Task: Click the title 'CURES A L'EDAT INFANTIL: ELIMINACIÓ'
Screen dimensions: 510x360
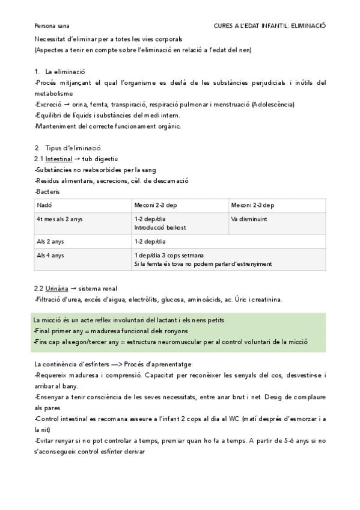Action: pyautogui.click(x=269, y=26)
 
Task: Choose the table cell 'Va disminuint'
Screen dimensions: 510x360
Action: pyautogui.click(x=249, y=219)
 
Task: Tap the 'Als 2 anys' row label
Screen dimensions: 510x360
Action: pyautogui.click(x=49, y=241)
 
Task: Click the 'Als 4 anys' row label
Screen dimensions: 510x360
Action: pyautogui.click(x=49, y=255)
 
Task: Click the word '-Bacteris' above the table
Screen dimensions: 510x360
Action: pyautogui.click(x=47, y=192)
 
